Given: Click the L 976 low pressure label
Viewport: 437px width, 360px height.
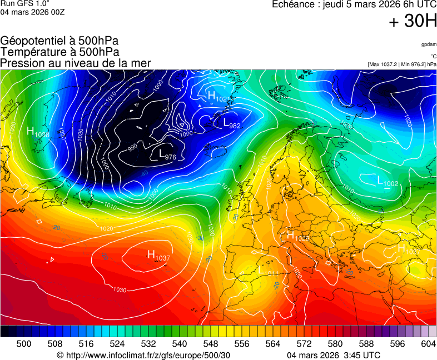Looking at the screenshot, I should coord(167,155).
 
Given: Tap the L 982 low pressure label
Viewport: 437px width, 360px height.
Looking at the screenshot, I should coord(231,123).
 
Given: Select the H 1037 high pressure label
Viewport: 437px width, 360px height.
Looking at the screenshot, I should coord(158,255).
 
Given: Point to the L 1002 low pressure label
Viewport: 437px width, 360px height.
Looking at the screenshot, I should coord(388,181).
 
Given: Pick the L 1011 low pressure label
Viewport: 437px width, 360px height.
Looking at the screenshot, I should coord(269,271).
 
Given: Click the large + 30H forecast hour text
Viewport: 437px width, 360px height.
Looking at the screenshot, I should coord(413,22).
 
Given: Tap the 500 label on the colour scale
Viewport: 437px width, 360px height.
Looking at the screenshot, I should coord(24,344).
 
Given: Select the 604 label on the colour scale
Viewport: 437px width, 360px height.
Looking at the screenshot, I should coord(429,344).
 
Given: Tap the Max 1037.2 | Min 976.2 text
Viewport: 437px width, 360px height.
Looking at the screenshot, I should coord(402,64).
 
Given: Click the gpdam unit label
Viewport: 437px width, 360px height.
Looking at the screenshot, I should coord(429,44).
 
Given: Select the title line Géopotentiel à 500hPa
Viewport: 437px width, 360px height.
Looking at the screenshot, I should coord(59,41).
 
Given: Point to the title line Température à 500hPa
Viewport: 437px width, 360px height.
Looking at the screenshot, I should coord(59,52).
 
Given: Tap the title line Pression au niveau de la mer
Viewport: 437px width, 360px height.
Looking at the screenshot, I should coord(76,63).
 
